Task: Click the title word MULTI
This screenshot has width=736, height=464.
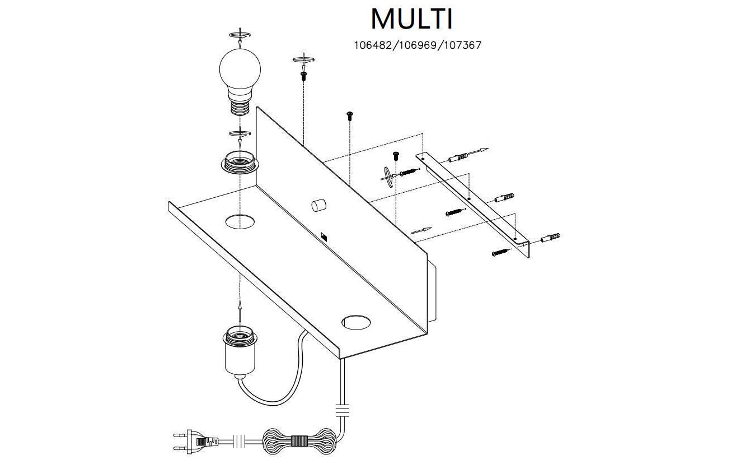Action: point(411,20)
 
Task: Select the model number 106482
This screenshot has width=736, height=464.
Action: point(373,45)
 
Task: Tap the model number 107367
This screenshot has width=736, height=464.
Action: point(462,45)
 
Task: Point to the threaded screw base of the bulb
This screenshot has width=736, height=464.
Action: point(240,105)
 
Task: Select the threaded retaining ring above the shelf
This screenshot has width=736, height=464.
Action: point(240,162)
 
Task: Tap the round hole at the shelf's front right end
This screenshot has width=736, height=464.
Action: point(356,322)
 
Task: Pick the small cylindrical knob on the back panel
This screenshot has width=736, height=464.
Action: point(318,205)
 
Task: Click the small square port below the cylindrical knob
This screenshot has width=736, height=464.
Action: point(324,237)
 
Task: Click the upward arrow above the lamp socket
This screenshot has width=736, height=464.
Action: point(240,309)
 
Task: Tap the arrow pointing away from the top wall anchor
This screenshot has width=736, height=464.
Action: point(479,151)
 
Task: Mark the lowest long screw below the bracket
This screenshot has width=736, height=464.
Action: point(501,252)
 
